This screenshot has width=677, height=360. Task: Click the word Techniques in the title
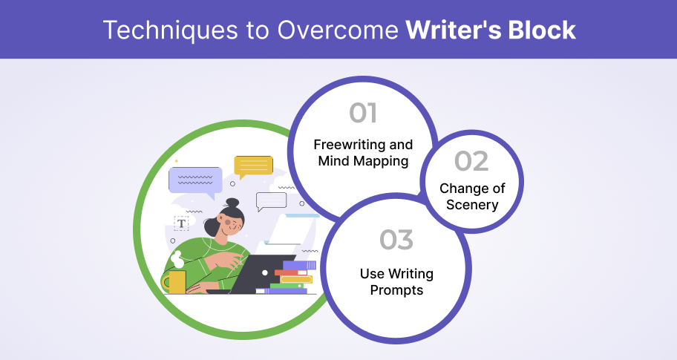(171, 30)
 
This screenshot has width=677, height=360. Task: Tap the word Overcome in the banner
(338, 30)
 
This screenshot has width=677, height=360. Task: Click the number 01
(363, 113)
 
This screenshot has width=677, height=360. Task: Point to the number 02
(471, 161)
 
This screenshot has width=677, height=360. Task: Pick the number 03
(396, 240)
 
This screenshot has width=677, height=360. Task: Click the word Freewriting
(344, 144)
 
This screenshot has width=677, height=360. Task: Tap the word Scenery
(472, 205)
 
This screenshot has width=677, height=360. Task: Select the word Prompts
(396, 290)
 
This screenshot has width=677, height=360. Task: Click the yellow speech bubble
(253, 166)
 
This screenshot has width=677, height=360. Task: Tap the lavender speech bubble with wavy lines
(195, 182)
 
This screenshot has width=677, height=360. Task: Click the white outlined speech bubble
(271, 201)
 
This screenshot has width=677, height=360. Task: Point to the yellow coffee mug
(175, 282)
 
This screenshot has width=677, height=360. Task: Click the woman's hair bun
(232, 203)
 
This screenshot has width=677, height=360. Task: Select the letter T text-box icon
(181, 223)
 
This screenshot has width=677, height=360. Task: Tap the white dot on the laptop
(265, 272)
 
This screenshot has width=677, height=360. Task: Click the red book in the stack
(291, 272)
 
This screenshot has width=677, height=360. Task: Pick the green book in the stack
(287, 286)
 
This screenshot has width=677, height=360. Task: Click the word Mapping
(381, 161)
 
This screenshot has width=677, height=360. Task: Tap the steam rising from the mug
(177, 260)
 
